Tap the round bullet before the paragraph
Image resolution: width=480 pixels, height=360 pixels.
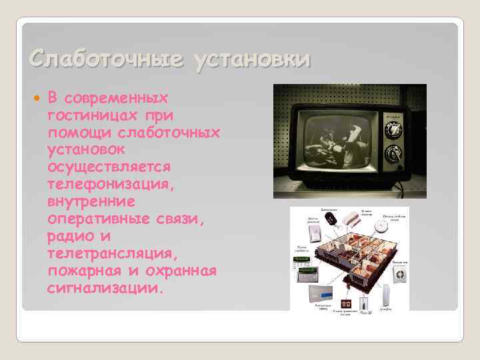36,99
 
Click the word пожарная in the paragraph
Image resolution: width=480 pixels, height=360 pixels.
81,271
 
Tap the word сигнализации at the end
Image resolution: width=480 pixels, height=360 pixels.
104,289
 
